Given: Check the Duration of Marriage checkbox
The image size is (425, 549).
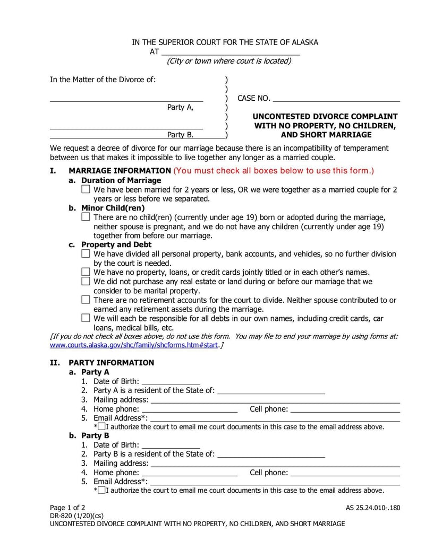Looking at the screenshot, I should pyautogui.click(x=86, y=189).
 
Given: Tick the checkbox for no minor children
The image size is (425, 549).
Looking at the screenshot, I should pyautogui.click(x=86, y=217).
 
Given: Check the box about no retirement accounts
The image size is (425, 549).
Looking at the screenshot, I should pyautogui.click(x=86, y=300).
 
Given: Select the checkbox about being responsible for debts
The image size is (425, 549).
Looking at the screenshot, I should pyautogui.click(x=86, y=318).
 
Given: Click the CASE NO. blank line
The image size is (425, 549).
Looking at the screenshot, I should pyautogui.click(x=336, y=99).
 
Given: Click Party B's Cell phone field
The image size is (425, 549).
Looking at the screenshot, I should pyautogui.click(x=345, y=473).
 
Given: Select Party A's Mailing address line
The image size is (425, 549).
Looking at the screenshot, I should pyautogui.click(x=275, y=400).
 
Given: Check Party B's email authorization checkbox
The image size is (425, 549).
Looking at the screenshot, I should pyautogui.click(x=102, y=490).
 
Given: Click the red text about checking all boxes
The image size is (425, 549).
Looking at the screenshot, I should pyautogui.click(x=274, y=171).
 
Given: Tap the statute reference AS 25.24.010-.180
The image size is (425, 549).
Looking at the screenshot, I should pyautogui.click(x=372, y=508).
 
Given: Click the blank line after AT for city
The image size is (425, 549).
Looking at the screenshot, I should pyautogui.click(x=230, y=53).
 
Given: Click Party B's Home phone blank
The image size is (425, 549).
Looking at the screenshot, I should pyautogui.click(x=190, y=473).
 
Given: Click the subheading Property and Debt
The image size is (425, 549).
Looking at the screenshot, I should pyautogui.click(x=116, y=245).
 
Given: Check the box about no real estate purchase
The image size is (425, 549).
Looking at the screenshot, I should pyautogui.click(x=86, y=281).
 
